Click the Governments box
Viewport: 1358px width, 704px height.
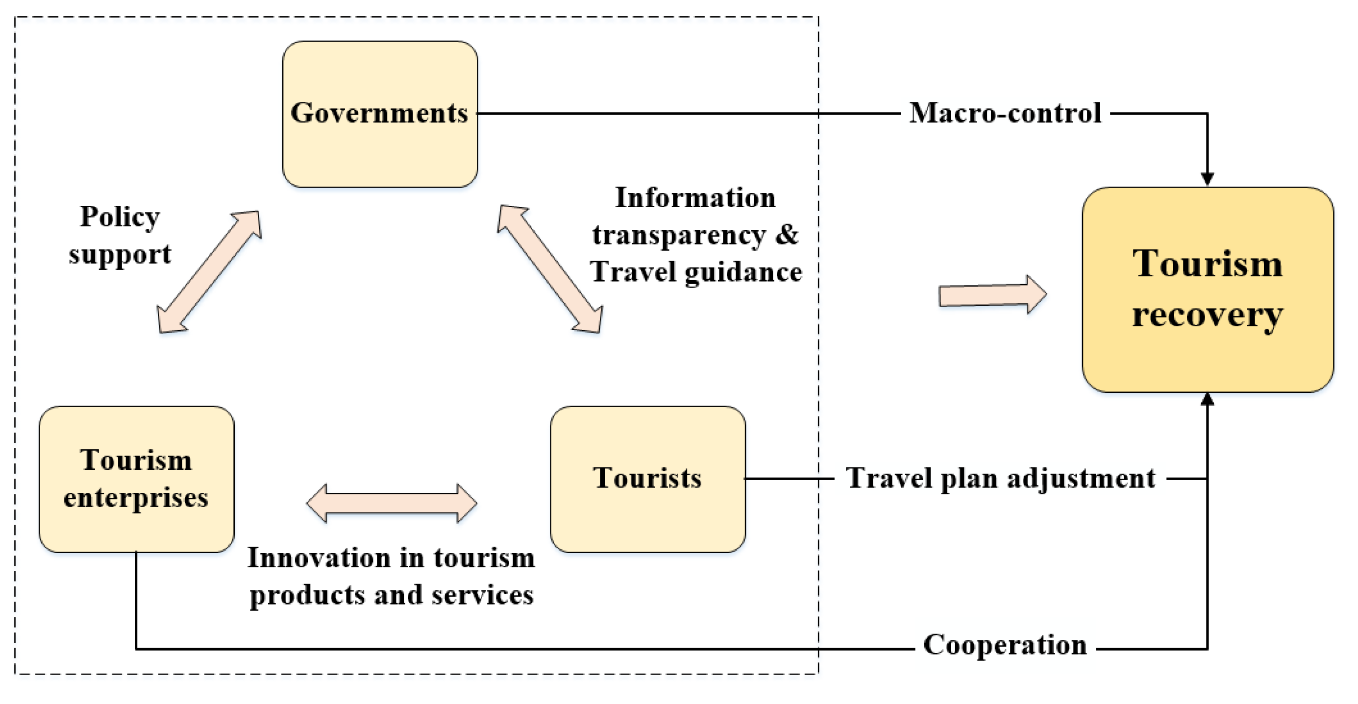click(x=380, y=114)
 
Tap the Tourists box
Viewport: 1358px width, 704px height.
click(x=647, y=479)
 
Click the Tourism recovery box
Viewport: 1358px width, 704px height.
click(x=1207, y=290)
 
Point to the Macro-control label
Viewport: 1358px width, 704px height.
click(x=1005, y=113)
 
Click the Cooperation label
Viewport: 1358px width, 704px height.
click(x=1005, y=645)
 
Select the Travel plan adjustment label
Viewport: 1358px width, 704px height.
click(x=1000, y=479)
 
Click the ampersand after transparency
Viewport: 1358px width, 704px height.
click(x=787, y=235)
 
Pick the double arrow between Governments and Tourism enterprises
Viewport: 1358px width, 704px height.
click(x=209, y=272)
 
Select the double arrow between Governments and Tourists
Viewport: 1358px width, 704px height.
click(x=550, y=269)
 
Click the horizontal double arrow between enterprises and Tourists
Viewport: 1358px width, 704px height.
click(x=392, y=503)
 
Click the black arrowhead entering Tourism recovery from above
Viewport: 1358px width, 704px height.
click(x=1207, y=179)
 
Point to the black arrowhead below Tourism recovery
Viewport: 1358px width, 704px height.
click(x=1207, y=399)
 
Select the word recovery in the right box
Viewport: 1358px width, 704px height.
click(x=1207, y=316)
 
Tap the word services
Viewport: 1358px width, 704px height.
click(x=482, y=595)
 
